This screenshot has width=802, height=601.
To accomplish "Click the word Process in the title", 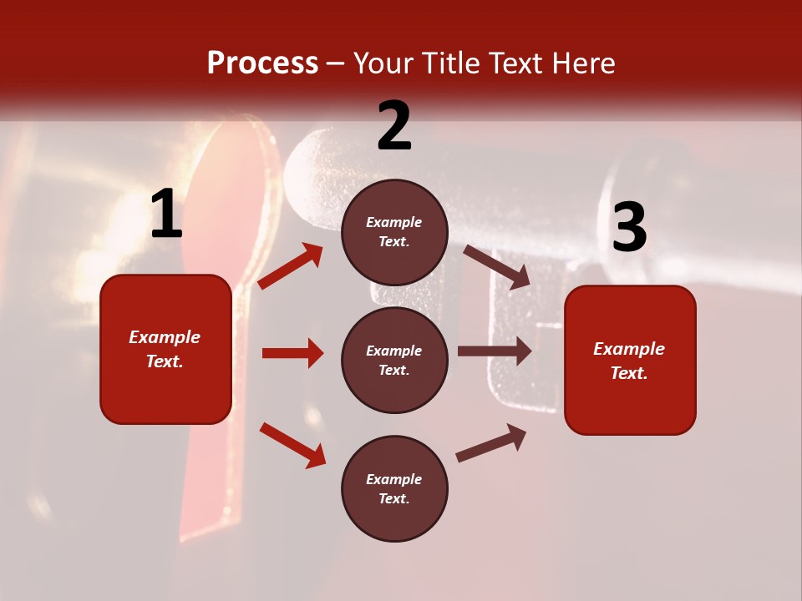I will [x=262, y=63].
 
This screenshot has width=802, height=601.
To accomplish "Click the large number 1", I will [x=166, y=215].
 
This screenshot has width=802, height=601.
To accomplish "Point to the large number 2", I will [x=394, y=126].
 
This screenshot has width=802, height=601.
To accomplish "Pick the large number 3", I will [x=629, y=227].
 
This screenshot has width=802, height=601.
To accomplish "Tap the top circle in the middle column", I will [x=394, y=232].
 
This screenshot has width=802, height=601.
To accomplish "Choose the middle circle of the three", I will [x=394, y=360].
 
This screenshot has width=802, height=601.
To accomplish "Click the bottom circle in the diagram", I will [x=394, y=488].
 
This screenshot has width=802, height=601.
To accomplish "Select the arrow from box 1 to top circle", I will [x=290, y=266].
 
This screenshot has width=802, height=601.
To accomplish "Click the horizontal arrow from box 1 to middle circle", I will [x=292, y=353].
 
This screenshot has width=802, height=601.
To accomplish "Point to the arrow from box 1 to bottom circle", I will [x=292, y=445].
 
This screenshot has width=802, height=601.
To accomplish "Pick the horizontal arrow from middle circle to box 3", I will [x=495, y=351].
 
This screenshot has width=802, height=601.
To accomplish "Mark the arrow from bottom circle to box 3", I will [x=491, y=443].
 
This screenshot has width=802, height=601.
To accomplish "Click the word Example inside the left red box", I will [x=165, y=337].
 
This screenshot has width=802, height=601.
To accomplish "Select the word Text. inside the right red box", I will [x=629, y=373].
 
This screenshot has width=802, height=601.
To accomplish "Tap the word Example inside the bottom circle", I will [x=394, y=479].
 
